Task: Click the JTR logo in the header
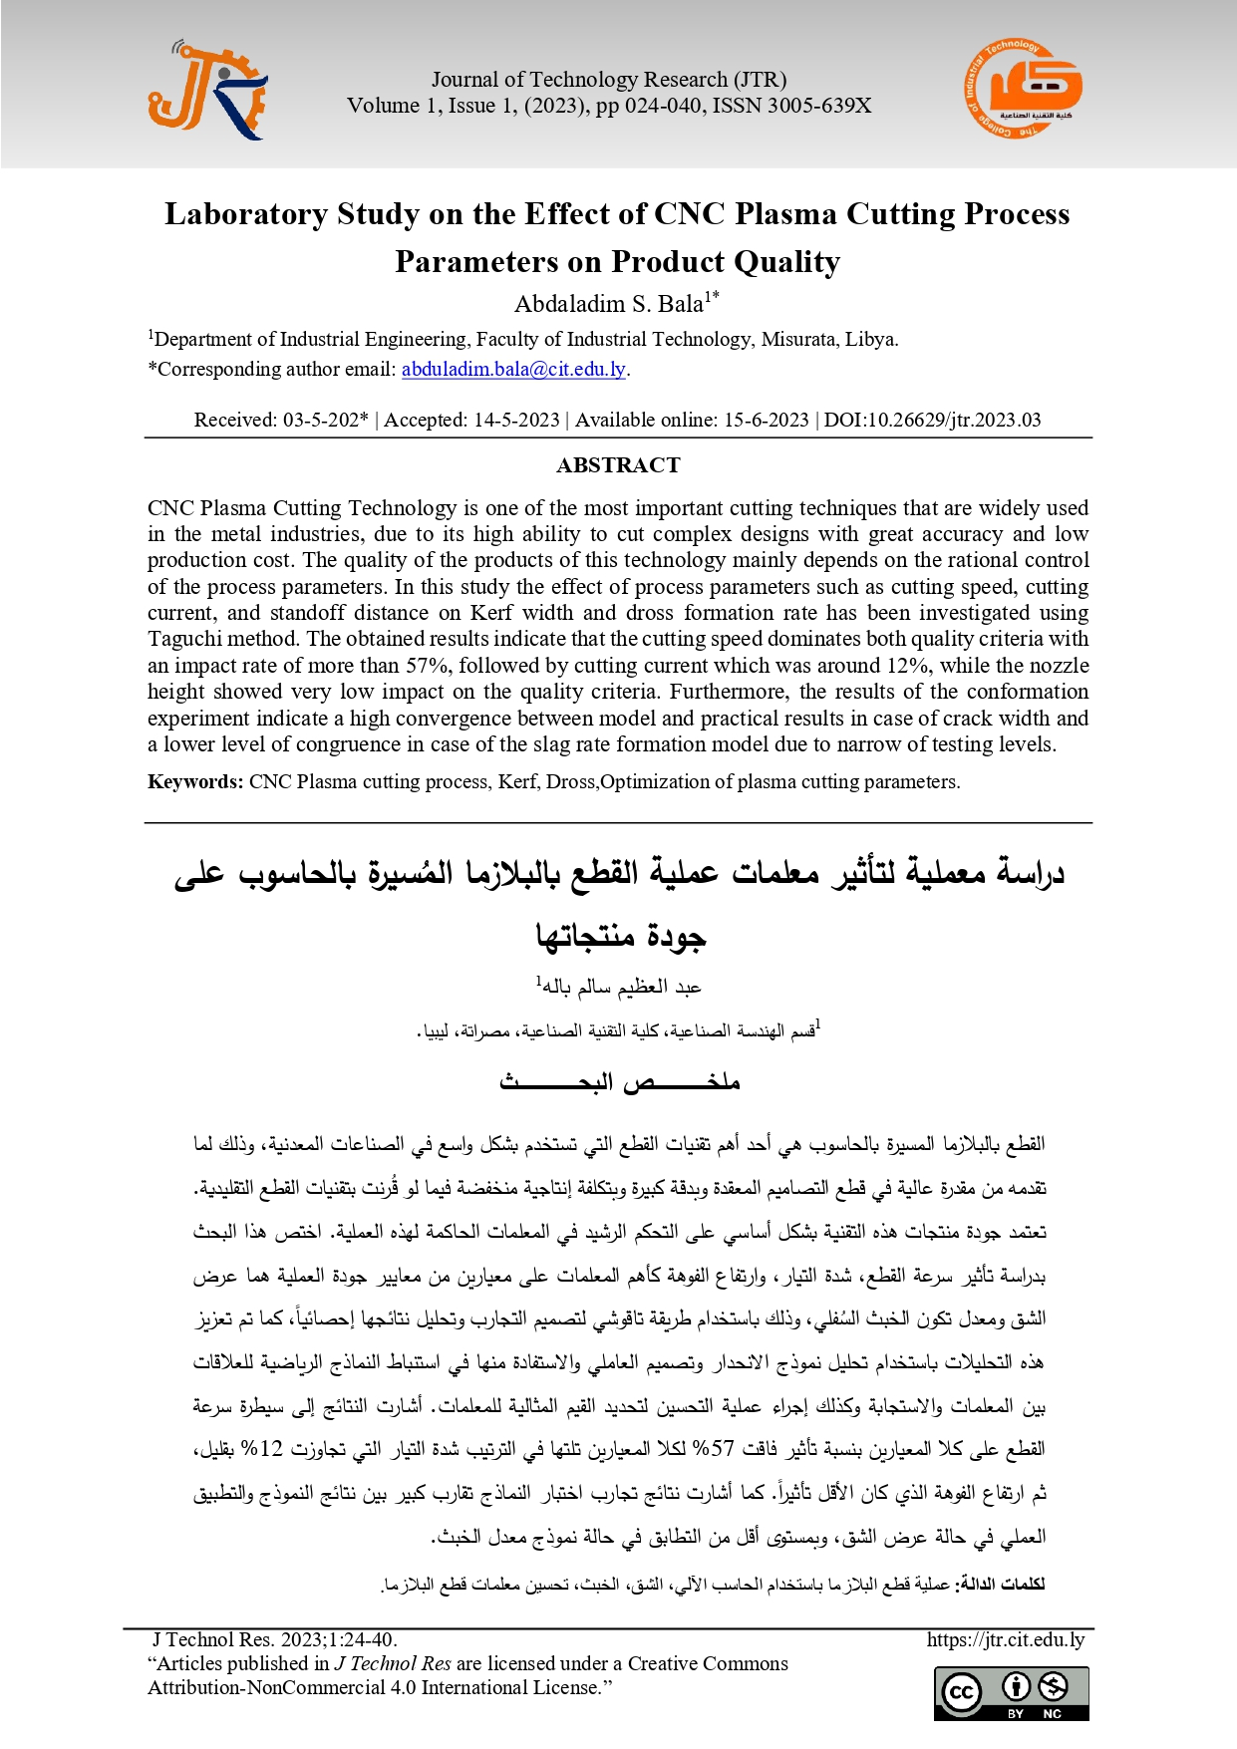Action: coord(207,91)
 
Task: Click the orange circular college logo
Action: coord(1022,90)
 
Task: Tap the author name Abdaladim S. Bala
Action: coord(608,303)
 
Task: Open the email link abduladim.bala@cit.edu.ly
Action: coord(513,369)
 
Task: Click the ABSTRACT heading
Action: coord(618,465)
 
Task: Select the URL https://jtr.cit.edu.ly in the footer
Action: coord(1005,1639)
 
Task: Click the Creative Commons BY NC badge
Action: coord(1011,1693)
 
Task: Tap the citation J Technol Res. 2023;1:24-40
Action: coord(275,1639)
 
